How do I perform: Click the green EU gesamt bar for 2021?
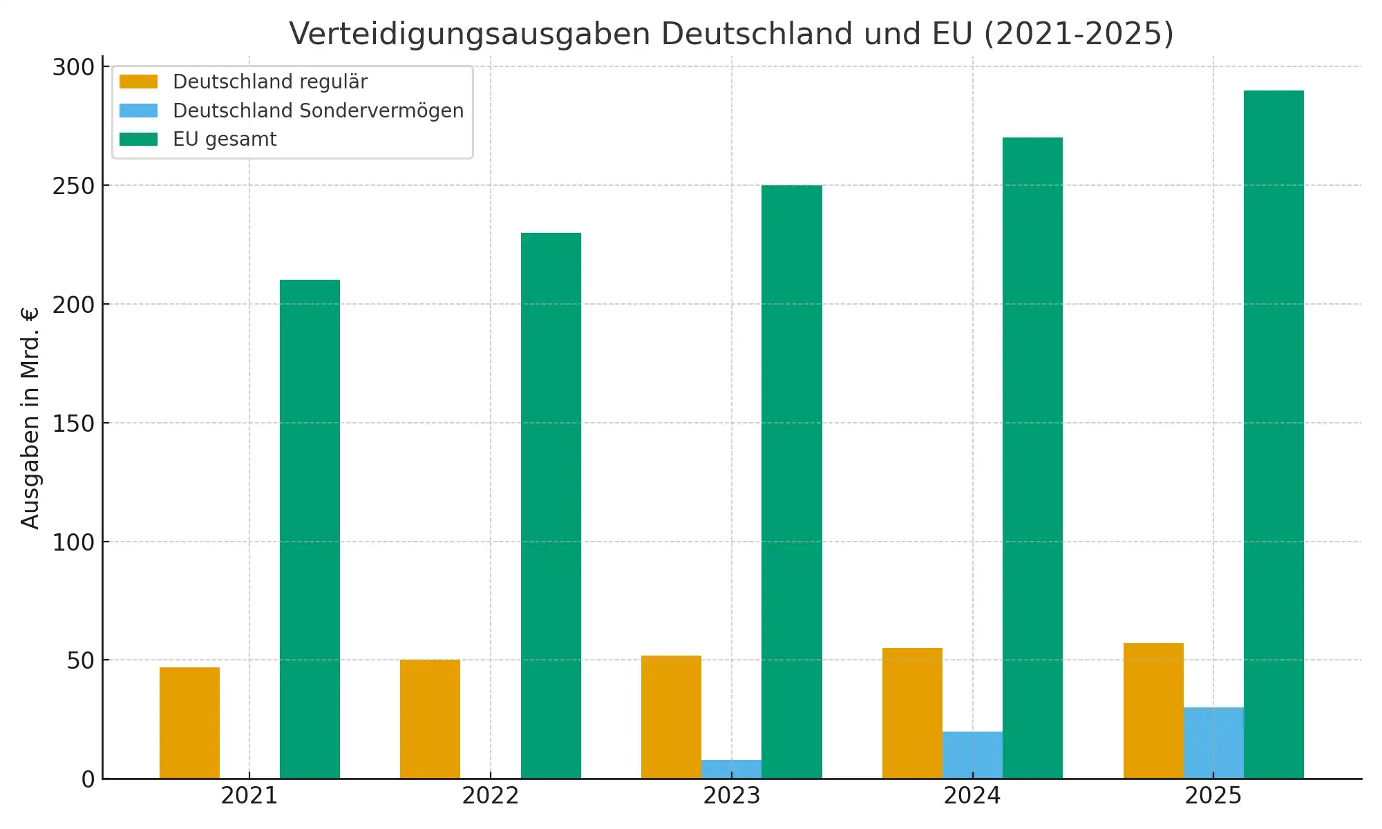pos(310,529)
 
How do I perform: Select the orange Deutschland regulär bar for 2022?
pos(430,719)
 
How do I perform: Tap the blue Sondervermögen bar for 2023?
pos(731,769)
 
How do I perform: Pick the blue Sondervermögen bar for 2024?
pos(972,755)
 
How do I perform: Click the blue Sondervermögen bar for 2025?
pos(1213,743)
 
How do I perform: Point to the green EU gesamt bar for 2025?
pos(1274,435)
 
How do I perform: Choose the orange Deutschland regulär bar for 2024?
pos(912,713)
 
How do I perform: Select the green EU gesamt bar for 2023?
pos(792,482)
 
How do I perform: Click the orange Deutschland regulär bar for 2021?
pos(189,723)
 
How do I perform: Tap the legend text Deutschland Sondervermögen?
pos(318,111)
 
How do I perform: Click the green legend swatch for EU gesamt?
pos(138,140)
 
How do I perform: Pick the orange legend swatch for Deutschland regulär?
pos(138,82)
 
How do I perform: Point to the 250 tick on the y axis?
pos(73,186)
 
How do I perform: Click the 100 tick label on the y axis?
pos(73,542)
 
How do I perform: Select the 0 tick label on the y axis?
pos(88,779)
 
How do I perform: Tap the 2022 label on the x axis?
pos(490,796)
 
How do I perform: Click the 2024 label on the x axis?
pos(972,796)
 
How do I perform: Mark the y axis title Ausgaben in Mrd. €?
pos(30,418)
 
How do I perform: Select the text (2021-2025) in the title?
pos(1079,34)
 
